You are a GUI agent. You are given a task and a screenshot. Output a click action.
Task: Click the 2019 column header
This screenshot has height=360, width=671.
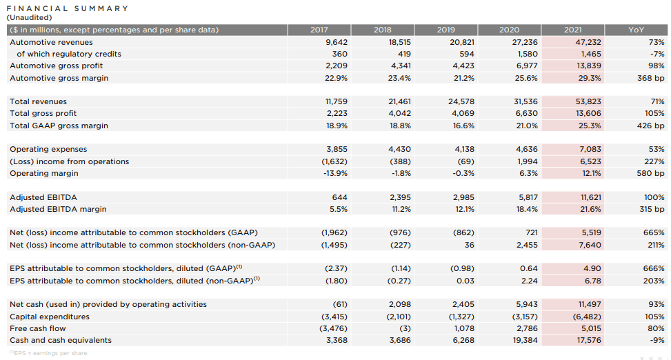[445, 30]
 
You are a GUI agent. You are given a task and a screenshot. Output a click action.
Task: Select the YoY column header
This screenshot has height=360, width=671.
[636, 30]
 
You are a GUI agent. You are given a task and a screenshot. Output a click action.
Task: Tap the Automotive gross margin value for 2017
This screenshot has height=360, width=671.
[336, 78]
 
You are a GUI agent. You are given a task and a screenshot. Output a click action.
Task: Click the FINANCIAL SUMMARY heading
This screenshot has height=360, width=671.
[67, 8]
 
